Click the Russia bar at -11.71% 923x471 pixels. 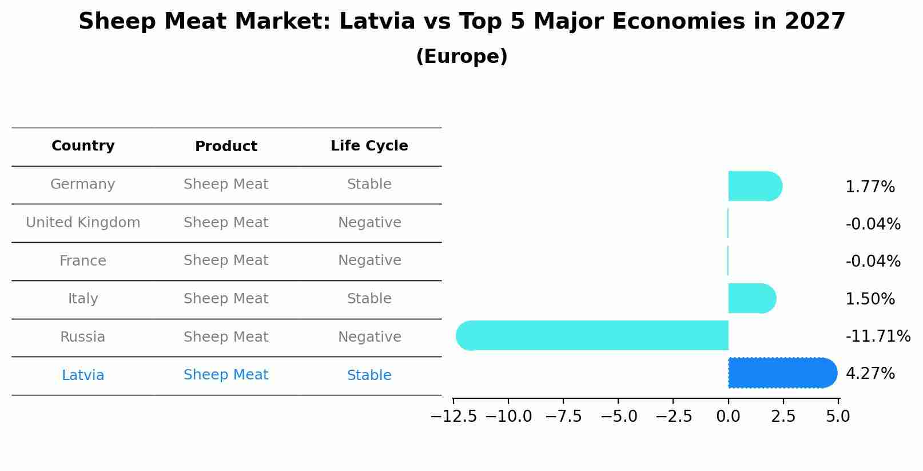592,335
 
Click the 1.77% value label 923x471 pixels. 869,187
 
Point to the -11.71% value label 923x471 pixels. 877,337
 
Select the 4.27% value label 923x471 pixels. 869,374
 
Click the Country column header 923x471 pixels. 83,146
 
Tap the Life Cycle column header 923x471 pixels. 369,146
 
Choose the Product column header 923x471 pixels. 226,147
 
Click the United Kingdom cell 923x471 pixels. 83,223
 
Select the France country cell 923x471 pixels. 83,261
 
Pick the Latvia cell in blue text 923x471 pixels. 83,375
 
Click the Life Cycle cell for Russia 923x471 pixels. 369,337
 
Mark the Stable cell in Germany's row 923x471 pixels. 369,184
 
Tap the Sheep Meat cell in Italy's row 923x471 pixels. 226,299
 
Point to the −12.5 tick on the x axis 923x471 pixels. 453,417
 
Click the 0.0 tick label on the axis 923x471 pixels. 728,417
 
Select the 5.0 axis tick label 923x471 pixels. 838,417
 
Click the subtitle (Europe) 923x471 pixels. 462,57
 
